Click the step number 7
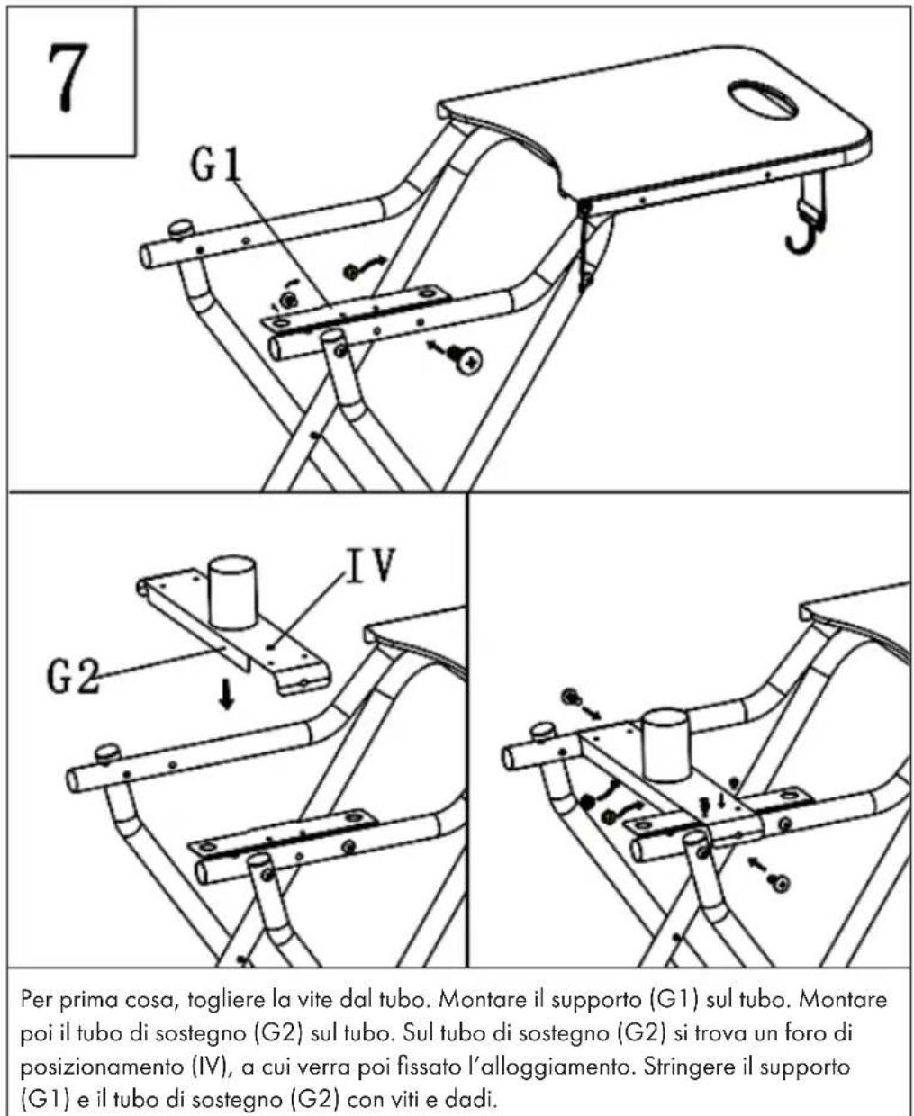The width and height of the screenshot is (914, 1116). coord(68,77)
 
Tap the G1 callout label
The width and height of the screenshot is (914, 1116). coord(216,166)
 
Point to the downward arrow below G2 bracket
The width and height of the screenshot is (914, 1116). coord(227,695)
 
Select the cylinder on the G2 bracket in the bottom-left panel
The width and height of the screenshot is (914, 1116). coord(233,592)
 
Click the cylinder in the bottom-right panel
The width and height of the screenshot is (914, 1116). coord(666,744)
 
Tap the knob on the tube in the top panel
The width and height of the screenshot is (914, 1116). coord(182,230)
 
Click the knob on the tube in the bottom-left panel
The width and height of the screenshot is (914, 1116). coord(107,753)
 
